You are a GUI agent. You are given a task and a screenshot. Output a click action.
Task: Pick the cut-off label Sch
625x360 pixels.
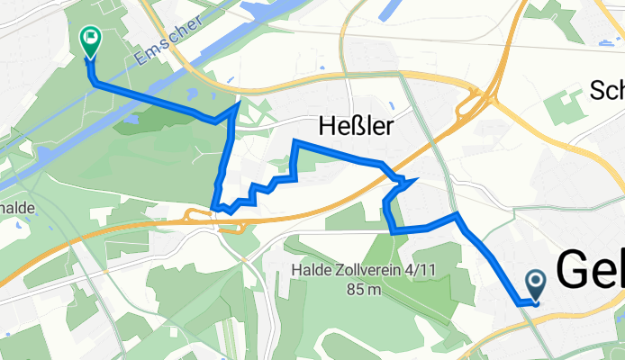pyautogui.click(x=607, y=90)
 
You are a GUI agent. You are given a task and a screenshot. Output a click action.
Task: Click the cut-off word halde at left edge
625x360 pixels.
pyautogui.click(x=18, y=207)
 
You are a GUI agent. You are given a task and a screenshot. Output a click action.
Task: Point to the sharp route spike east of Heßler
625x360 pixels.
pyautogui.click(x=415, y=181)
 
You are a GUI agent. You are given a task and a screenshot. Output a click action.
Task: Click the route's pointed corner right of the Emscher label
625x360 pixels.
pyautogui.click(x=238, y=103)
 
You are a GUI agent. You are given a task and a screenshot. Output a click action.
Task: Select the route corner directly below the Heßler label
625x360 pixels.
pyautogui.click(x=295, y=142)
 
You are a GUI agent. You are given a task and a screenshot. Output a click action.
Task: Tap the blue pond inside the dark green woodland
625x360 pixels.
pyautogui.click(x=131, y=118)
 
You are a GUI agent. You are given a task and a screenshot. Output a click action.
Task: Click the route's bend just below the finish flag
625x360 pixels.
pyautogui.click(x=94, y=82)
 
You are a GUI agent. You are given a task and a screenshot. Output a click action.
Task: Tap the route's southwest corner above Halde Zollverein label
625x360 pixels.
pyautogui.click(x=394, y=231)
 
